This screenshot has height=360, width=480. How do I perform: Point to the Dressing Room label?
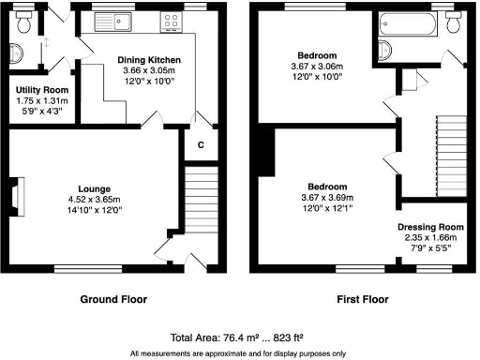pyautogui.click(x=430, y=227)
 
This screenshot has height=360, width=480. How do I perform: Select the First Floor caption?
pyautogui.click(x=361, y=302)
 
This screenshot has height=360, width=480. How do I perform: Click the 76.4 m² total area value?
pyautogui.click(x=237, y=337)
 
